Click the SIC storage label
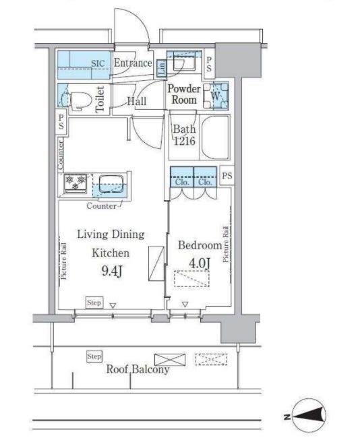click(98, 63)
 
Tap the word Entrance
click(133, 63)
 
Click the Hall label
click(137, 101)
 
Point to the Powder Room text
click(184, 94)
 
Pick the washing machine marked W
click(216, 96)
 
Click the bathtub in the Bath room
click(215, 137)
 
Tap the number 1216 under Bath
click(184, 141)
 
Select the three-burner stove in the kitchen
click(76, 183)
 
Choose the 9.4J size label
click(112, 271)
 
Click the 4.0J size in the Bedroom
click(200, 263)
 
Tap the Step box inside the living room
click(94, 303)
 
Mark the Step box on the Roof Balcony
click(94, 356)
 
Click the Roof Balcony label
click(138, 369)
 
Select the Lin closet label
click(162, 68)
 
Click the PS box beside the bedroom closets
click(227, 175)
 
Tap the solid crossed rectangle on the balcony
click(170, 360)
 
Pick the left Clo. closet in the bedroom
click(182, 177)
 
